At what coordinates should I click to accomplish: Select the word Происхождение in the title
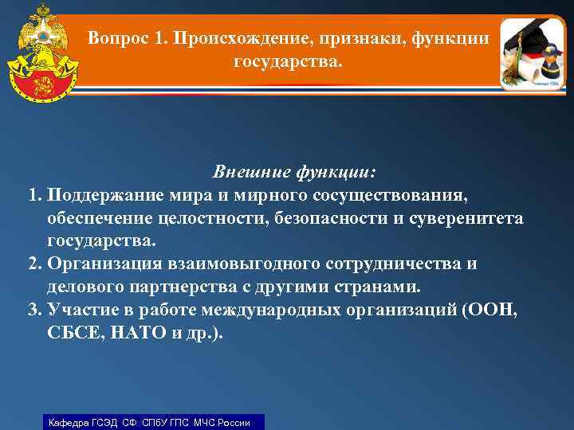point(231,37)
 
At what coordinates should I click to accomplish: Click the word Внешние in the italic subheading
point(249,172)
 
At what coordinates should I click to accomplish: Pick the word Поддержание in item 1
point(106,195)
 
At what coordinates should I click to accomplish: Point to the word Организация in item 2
point(104,264)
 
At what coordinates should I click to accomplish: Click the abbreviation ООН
point(489,310)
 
